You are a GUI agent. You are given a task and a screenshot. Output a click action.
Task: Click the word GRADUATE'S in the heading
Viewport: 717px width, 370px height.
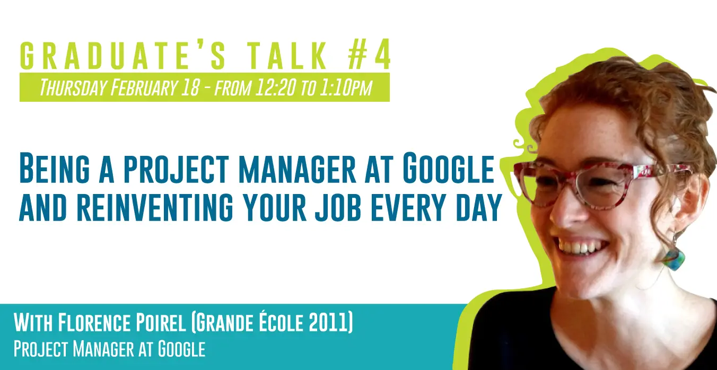pyautogui.click(x=123, y=55)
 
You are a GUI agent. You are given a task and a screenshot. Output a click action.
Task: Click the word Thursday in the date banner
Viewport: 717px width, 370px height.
pyautogui.click(x=73, y=87)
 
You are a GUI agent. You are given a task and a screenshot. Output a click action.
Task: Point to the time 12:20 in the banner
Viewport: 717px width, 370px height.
pyautogui.click(x=275, y=87)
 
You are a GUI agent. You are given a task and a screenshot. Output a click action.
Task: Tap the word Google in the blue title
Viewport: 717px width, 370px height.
pyautogui.click(x=448, y=169)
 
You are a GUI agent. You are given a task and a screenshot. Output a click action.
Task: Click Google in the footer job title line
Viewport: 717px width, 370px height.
pyautogui.click(x=182, y=349)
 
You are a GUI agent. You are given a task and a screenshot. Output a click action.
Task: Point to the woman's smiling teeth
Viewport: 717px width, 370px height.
pyautogui.click(x=580, y=248)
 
